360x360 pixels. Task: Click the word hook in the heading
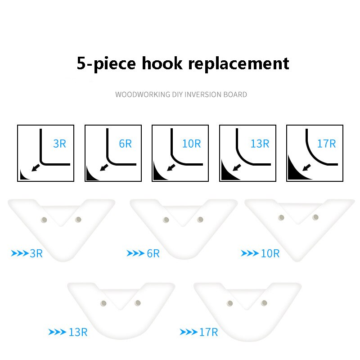coord(162,63)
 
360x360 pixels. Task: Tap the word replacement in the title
coord(238,64)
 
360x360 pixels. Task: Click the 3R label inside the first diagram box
coord(60,144)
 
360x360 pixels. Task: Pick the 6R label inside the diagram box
coord(126,144)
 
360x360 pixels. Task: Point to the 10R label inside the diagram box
coord(191,144)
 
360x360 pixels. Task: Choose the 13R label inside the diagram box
coord(260,144)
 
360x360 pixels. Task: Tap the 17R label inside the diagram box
coord(326,144)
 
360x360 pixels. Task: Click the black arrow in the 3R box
coord(36,167)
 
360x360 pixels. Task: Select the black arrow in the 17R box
coord(306,167)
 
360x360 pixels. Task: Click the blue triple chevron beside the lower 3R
coord(20,253)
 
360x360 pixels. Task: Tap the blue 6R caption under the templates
coord(153,253)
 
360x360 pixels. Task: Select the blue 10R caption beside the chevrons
coord(270,253)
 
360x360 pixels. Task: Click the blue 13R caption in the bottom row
coord(78,332)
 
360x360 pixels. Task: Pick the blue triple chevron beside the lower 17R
coord(189,332)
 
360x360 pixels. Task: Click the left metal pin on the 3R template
coord(44,220)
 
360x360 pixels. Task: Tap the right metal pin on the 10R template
coord(315,217)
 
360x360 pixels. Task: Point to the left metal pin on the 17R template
coord(230,303)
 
